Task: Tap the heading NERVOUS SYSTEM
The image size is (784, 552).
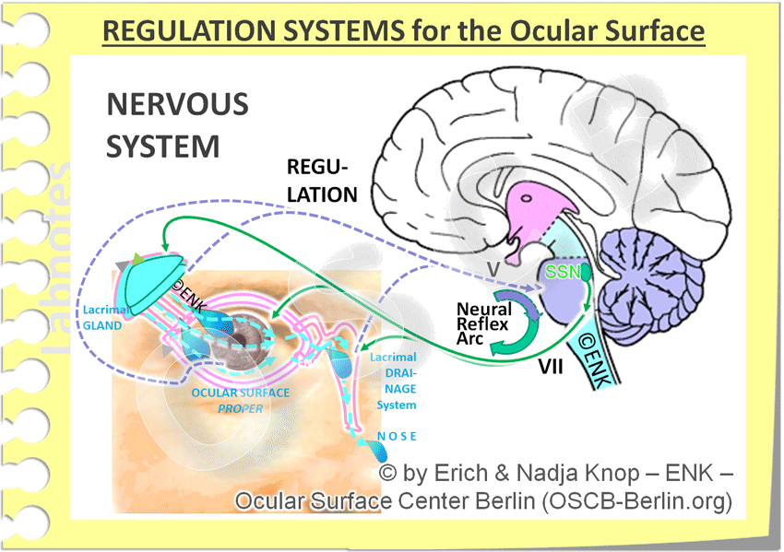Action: (177, 125)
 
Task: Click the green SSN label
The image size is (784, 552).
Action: (562, 273)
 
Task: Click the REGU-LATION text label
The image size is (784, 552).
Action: (321, 181)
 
